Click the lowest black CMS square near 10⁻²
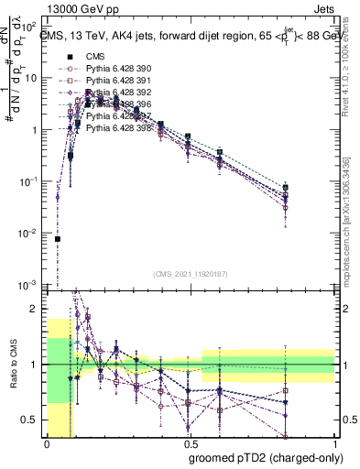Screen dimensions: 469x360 pos(58,239)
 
